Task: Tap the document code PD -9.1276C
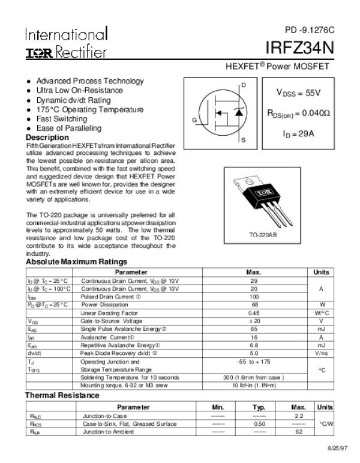click(309, 29)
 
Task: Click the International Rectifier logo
click(66, 42)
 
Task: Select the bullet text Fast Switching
click(62, 119)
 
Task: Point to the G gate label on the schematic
click(194, 121)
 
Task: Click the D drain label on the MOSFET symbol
click(244, 85)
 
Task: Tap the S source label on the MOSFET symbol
click(244, 141)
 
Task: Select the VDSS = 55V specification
click(298, 93)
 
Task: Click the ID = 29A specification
click(298, 133)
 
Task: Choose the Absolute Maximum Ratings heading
click(76, 262)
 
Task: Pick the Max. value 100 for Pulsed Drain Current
click(253, 297)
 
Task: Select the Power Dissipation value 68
click(253, 304)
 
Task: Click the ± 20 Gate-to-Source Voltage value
click(253, 321)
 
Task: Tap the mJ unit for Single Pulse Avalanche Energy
click(321, 329)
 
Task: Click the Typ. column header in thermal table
click(259, 407)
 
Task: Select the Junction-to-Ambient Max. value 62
click(298, 431)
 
